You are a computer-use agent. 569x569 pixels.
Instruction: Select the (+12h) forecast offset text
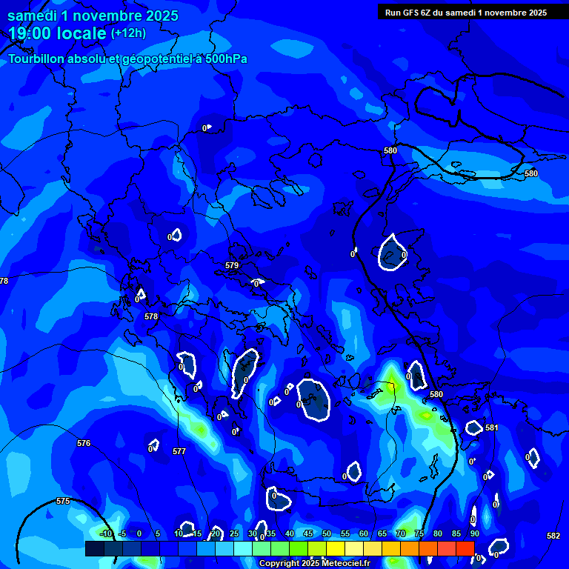pos(128,33)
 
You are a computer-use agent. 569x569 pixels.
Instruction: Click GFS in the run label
pos(412,12)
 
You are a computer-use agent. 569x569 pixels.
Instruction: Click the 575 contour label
pos(63,502)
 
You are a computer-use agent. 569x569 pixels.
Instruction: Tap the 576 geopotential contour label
pos(84,444)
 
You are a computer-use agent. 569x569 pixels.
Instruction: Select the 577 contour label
pos(179,451)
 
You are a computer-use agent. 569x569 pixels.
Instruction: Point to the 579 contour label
pos(232,265)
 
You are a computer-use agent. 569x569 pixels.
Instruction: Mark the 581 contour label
pos(492,428)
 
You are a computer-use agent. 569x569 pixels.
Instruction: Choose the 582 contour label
pos(553,536)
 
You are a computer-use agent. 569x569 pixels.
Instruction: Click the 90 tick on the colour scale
pos(474,533)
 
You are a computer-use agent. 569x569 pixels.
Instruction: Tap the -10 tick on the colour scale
pos(106,533)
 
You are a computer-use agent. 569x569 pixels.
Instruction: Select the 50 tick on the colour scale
pos(327,533)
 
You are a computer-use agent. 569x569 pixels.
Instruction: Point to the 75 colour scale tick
pos(419,533)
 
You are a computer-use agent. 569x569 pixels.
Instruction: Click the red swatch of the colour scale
pos(465,548)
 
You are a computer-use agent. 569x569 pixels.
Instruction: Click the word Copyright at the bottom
pos(279,564)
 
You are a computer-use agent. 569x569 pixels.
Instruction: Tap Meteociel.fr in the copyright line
pos(344,564)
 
